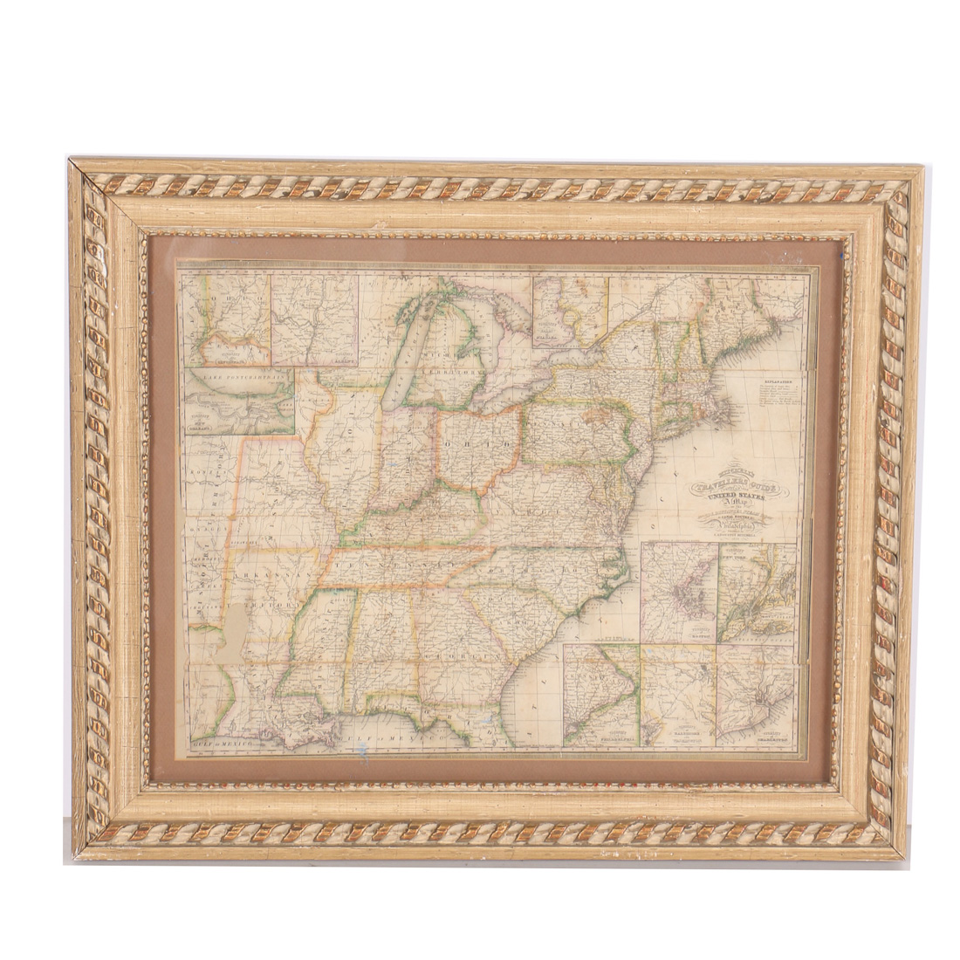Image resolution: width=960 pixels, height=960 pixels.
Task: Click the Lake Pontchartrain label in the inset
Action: [229, 376]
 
